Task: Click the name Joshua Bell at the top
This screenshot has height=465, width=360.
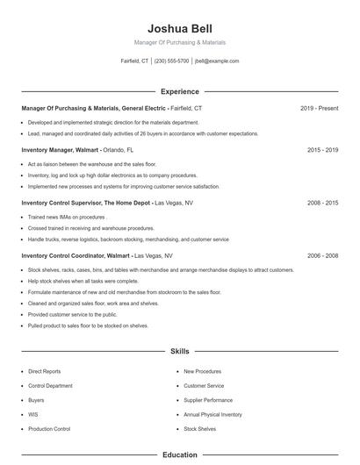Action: (180, 28)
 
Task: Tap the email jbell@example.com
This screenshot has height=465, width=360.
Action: (217, 61)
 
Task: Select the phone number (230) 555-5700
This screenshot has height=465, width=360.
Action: (171, 61)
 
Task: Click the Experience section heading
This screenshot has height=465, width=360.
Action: (180, 91)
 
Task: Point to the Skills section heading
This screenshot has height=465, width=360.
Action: (180, 351)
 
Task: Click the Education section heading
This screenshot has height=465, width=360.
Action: (180, 455)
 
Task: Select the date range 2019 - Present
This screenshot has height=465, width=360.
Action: (319, 108)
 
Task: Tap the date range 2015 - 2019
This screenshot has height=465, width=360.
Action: (322, 150)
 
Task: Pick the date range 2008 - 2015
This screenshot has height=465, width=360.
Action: (322, 203)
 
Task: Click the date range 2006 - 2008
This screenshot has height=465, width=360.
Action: (322, 255)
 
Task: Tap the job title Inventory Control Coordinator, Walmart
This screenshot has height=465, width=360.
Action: (75, 255)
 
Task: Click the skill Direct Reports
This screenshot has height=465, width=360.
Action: (45, 371)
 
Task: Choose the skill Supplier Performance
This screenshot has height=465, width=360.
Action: (208, 400)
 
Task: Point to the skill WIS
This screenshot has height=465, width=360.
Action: (32, 414)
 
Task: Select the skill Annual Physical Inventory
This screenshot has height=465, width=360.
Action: (212, 414)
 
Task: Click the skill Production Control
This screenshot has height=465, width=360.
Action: (49, 429)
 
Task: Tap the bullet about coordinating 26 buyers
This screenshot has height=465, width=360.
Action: (143, 134)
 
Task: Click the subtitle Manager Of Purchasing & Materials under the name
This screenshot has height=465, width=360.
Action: (180, 42)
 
